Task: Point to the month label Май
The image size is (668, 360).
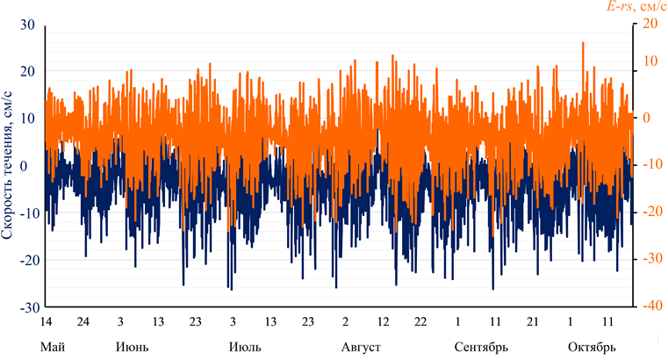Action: coord(53,346)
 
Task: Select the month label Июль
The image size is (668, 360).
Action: coord(245,346)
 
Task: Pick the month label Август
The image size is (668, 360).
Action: coord(361,346)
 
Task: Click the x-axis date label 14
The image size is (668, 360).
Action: coord(47,322)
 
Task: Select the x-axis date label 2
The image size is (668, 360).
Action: coord(345,322)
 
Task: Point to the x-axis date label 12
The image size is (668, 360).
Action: coord(383,322)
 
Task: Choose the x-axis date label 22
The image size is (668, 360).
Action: coord(420,322)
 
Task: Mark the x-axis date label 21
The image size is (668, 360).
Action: coord(532,322)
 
